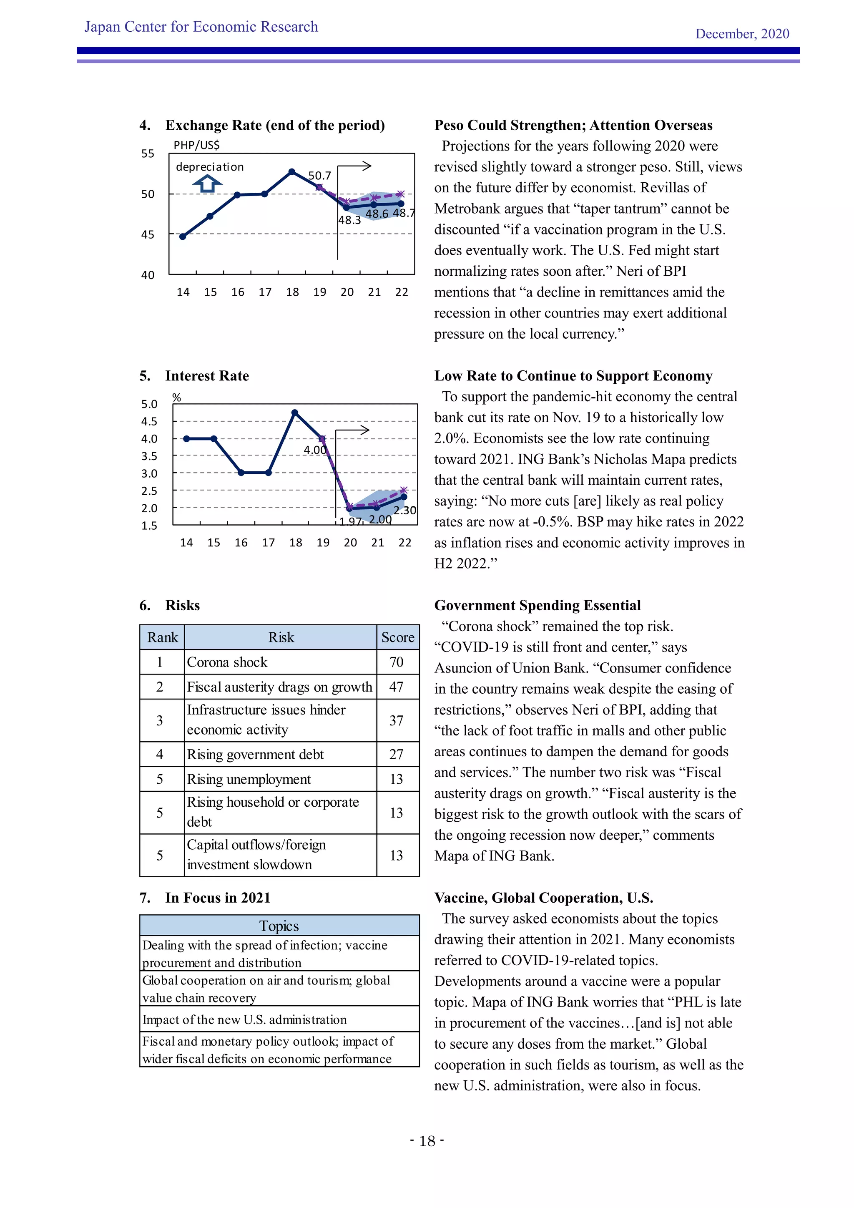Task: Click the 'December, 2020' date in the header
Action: click(x=742, y=34)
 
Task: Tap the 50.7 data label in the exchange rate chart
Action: click(x=319, y=175)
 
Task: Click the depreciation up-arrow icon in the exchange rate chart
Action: click(x=207, y=184)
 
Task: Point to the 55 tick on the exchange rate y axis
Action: click(x=148, y=154)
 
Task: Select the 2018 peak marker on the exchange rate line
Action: click(x=292, y=171)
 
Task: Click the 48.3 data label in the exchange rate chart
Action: click(x=349, y=220)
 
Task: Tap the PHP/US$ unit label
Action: click(x=197, y=145)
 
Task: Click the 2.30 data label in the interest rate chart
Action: click(x=404, y=510)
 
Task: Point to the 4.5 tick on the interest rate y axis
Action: click(x=149, y=421)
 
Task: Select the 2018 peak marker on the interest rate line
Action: click(x=294, y=413)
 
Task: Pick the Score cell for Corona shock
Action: click(x=397, y=662)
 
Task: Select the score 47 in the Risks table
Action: click(x=397, y=687)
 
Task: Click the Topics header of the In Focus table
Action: click(x=279, y=926)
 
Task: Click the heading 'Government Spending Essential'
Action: click(x=538, y=605)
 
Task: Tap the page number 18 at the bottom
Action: click(x=427, y=1141)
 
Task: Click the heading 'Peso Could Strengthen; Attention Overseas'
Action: click(x=573, y=125)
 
